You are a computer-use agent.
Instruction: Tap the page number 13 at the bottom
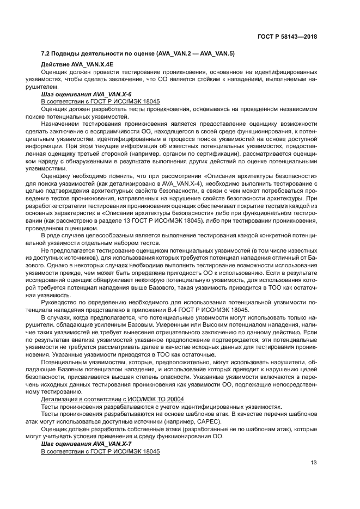point(314,463)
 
